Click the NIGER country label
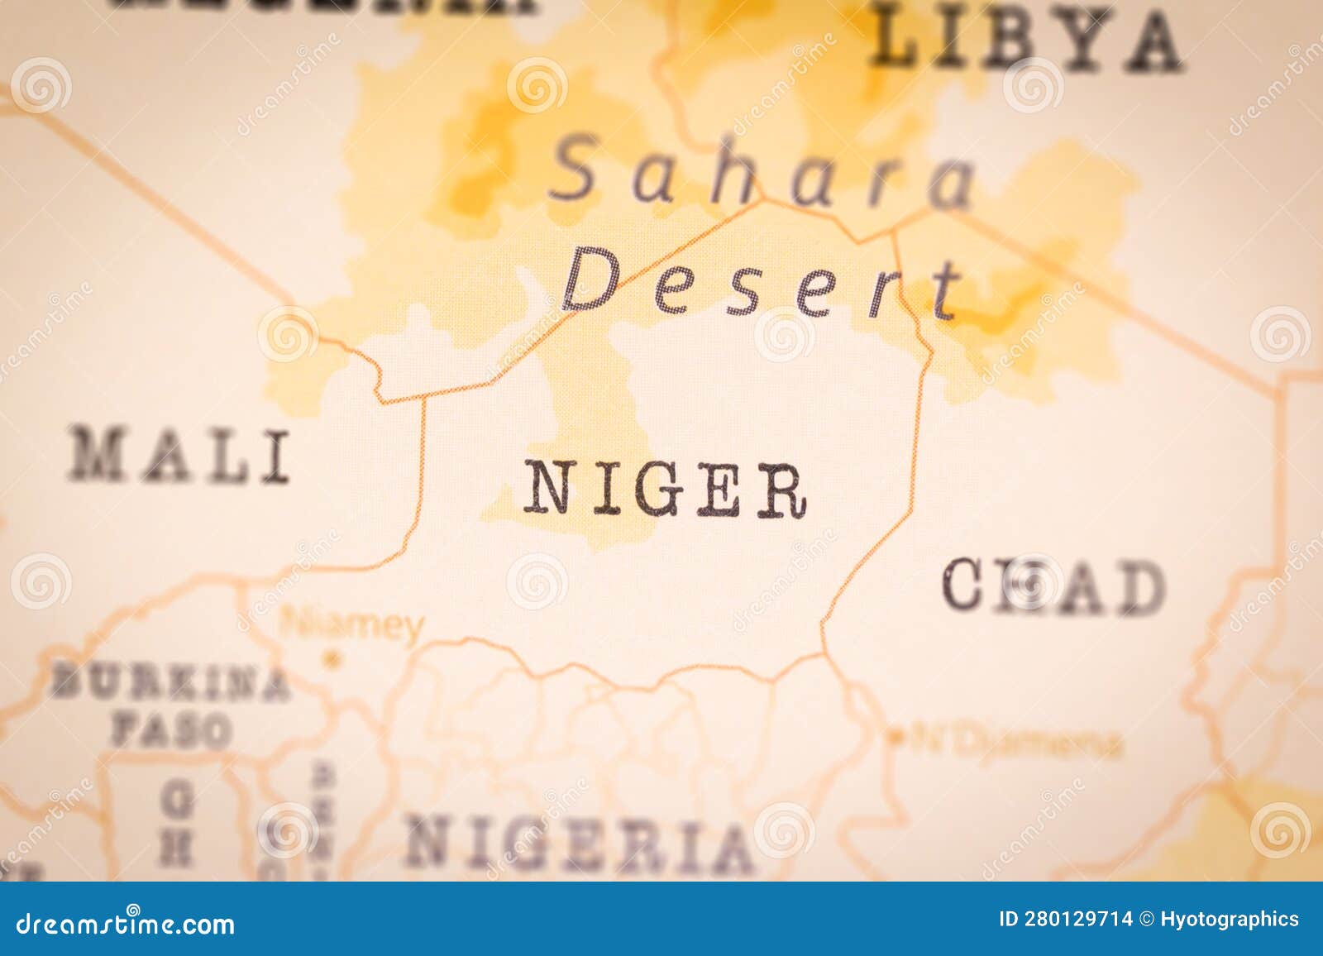(664, 490)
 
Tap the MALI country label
(179, 456)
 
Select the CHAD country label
(1053, 586)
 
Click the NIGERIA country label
(579, 844)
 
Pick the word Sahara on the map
(762, 174)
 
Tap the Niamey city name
(352, 625)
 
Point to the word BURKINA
(170, 683)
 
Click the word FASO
(171, 730)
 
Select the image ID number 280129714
(1079, 919)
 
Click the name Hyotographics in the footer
(1230, 919)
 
